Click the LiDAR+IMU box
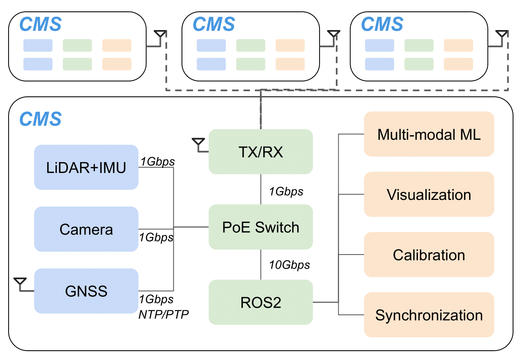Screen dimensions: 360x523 click(86, 168)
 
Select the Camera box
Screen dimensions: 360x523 click(86, 229)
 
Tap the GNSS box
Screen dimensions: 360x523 click(86, 291)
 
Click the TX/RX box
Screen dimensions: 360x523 click(261, 151)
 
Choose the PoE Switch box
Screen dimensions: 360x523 click(261, 227)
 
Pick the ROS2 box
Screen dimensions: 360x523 click(261, 302)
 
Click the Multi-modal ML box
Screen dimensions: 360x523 click(429, 134)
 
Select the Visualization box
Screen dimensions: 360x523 click(429, 194)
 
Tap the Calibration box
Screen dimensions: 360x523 click(429, 255)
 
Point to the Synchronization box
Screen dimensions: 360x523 click(429, 315)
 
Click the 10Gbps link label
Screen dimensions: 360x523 click(289, 265)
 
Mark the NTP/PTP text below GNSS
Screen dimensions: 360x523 click(164, 314)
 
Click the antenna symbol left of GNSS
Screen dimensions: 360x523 click(20, 283)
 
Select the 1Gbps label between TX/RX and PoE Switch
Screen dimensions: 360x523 click(286, 191)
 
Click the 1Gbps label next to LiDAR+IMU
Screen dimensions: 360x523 click(157, 161)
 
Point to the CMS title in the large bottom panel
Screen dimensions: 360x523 click(41, 119)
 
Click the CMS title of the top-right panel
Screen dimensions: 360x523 click(382, 24)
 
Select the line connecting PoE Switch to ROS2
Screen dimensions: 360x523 click(261, 264)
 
